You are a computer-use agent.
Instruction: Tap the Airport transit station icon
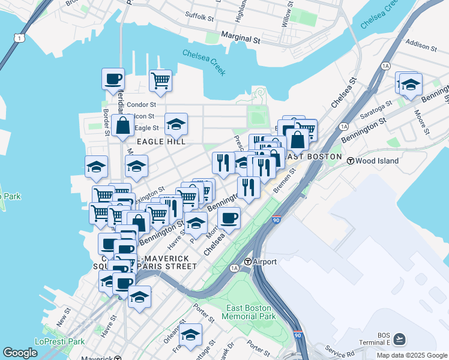pos(247,262)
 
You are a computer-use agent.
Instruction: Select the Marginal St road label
pos(240,39)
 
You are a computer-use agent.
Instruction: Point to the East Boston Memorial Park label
pos(251,312)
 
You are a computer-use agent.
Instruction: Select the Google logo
pos(20,353)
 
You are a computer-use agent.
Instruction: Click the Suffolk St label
pos(199,17)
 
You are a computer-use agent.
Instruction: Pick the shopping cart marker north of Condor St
pos(160,80)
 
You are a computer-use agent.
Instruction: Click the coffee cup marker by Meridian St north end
pos(113,79)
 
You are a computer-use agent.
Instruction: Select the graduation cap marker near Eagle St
pos(176,124)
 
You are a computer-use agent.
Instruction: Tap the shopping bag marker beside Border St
pos(122,126)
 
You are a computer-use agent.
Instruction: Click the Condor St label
pos(142,105)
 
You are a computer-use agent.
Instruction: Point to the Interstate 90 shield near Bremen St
pos(276,221)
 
